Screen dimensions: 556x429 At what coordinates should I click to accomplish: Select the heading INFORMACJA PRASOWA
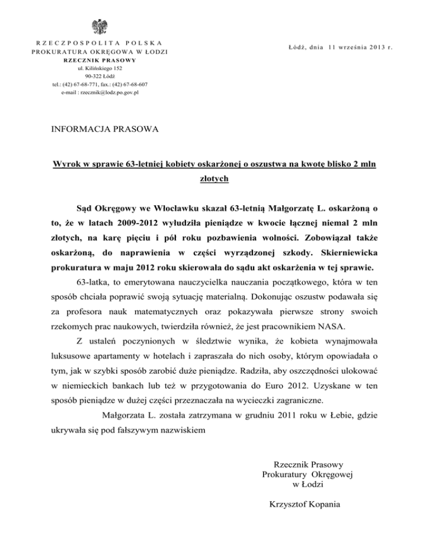(104, 129)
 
